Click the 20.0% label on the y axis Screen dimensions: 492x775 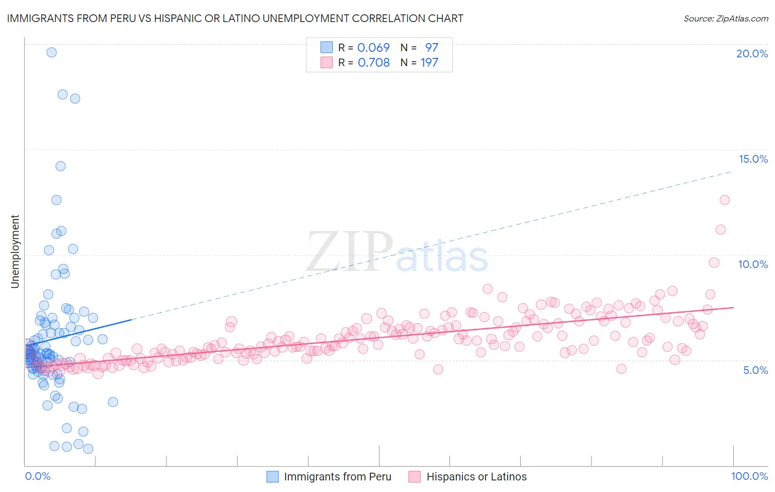(752, 54)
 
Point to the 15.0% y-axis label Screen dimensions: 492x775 (753, 159)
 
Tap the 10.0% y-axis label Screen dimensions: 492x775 (753, 264)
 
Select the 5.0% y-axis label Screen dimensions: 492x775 (755, 370)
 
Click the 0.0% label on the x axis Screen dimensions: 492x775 (37, 476)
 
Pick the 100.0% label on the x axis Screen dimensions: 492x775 (749, 476)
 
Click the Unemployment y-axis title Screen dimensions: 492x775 (15, 252)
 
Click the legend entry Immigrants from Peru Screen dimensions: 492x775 (337, 477)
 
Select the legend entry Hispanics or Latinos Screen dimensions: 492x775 (476, 477)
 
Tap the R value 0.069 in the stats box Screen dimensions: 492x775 (373, 47)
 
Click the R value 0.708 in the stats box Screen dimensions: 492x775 (374, 62)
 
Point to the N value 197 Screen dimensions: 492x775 (429, 62)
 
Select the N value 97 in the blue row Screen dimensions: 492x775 (431, 47)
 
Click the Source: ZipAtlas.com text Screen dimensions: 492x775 (725, 18)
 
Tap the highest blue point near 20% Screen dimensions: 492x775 (51, 52)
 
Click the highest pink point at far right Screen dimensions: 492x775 (724, 200)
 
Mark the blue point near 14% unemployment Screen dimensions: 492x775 (61, 166)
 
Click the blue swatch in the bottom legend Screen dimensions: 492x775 (272, 477)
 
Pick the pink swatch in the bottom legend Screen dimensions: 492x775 (415, 477)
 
